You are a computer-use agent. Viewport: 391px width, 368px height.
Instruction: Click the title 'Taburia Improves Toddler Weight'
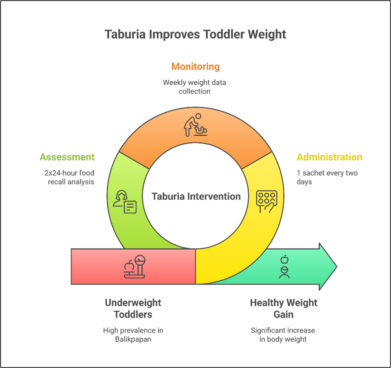(x=195, y=34)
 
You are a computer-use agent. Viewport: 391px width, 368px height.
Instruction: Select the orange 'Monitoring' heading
(x=195, y=66)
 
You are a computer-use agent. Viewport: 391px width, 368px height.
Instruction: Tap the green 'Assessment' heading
(x=67, y=157)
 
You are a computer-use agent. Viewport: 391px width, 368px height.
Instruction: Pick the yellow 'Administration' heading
(x=329, y=157)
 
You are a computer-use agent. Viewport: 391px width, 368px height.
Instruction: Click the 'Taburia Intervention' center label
(x=196, y=196)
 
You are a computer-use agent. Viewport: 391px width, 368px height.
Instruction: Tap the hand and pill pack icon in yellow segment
(x=266, y=202)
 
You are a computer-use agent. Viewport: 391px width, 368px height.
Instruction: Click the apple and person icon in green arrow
(x=284, y=267)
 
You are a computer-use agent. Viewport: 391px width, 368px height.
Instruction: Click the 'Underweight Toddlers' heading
(x=133, y=308)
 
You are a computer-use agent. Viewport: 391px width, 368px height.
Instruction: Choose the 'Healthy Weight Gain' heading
(x=283, y=308)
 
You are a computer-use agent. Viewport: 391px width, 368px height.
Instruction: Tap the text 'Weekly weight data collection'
(x=194, y=87)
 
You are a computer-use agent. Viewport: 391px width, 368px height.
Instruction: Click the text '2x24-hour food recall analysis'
(x=70, y=177)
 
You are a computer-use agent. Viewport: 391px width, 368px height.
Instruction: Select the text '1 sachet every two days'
(x=327, y=177)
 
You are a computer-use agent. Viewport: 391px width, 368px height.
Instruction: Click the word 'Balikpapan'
(x=133, y=339)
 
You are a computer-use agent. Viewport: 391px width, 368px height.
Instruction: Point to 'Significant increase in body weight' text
(x=283, y=335)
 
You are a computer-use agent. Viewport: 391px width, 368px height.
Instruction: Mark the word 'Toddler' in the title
(x=223, y=34)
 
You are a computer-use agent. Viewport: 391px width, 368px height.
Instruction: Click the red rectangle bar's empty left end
(x=87, y=267)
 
